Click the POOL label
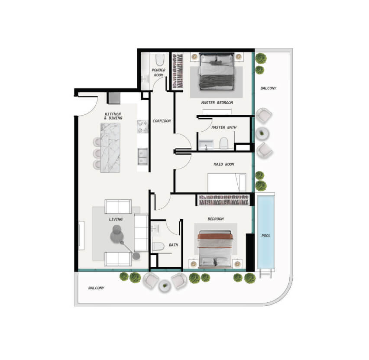click(x=266, y=236)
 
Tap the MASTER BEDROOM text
click(x=217, y=103)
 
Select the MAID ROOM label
click(x=224, y=164)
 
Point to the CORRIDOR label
click(x=162, y=121)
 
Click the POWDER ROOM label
click(x=159, y=72)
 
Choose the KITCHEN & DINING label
click(x=113, y=116)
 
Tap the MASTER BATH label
click(x=224, y=127)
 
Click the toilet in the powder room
click(x=160, y=60)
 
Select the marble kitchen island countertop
click(x=110, y=148)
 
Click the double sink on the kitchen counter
click(x=142, y=156)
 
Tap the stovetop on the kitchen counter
click(x=142, y=126)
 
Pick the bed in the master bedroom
click(x=217, y=71)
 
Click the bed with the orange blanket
click(x=215, y=249)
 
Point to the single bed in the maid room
click(x=227, y=182)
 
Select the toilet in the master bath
click(x=224, y=143)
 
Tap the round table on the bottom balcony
click(x=165, y=286)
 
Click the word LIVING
click(x=116, y=219)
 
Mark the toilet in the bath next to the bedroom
click(x=158, y=246)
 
